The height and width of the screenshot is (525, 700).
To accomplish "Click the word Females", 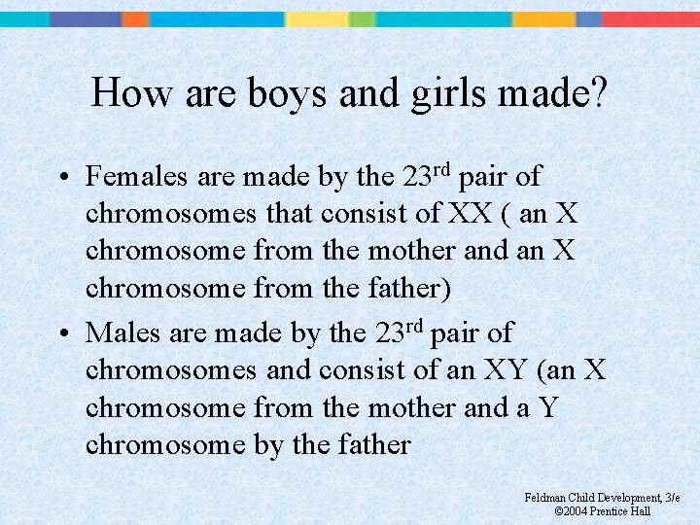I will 137,177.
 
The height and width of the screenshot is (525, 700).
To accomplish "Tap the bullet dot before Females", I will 61,179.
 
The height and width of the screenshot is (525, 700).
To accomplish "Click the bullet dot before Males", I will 61,334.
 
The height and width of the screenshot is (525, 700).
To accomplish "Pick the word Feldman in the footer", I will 545,498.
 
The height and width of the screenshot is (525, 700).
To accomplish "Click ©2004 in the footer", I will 574,510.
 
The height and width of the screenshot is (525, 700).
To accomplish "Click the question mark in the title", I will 598,93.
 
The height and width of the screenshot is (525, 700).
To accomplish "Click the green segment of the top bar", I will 362,19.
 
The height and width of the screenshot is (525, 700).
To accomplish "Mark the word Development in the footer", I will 628,498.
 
